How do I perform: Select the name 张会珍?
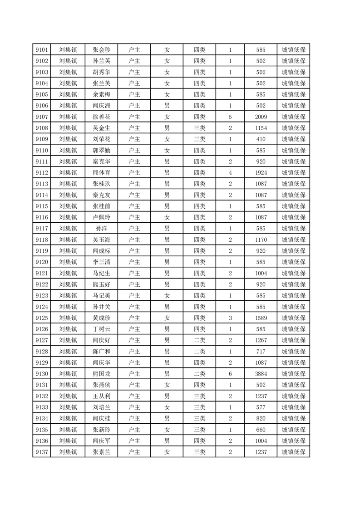point(102,50)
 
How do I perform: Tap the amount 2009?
point(261,117)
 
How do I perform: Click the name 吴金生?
point(102,128)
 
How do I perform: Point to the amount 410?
point(261,139)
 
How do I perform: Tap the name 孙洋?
point(102,229)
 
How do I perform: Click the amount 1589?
point(261,318)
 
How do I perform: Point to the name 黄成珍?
point(102,318)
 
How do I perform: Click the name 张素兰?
point(102,452)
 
